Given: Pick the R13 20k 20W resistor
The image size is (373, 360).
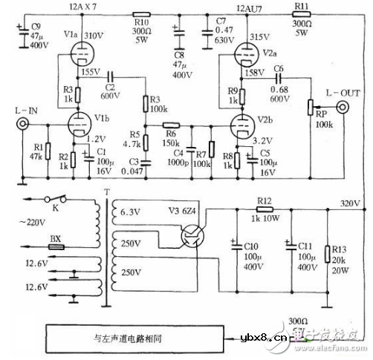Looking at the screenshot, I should (x=328, y=257).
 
